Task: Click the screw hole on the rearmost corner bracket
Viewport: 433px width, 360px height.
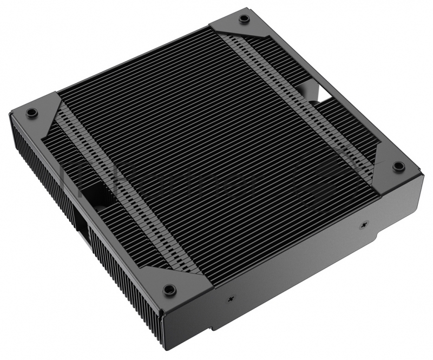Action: [x=244, y=18]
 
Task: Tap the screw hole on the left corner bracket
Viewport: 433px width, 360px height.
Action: [x=32, y=113]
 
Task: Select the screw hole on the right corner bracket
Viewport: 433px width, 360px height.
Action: [x=398, y=165]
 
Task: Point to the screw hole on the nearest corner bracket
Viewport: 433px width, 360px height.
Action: [x=169, y=288]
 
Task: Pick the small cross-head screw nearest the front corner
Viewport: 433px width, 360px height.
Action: [x=231, y=298]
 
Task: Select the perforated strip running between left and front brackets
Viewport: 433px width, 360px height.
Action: [x=124, y=195]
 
